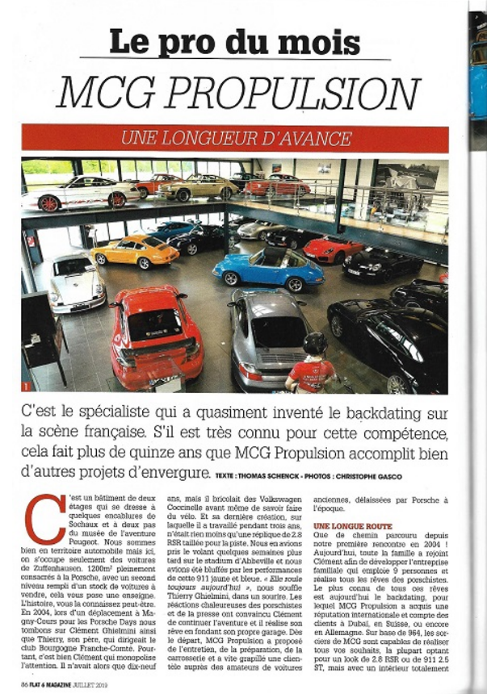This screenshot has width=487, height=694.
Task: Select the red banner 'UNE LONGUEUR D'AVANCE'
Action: (235, 139)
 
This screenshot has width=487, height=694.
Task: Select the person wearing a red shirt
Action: (311, 371)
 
